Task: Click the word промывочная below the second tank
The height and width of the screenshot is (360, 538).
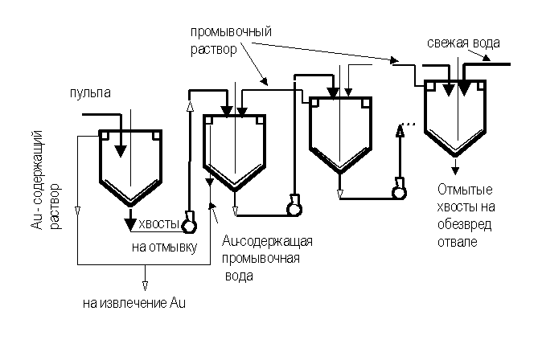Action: (259, 259)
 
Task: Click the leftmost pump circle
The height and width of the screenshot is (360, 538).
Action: (191, 223)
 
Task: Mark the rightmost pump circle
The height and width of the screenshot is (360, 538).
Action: (398, 190)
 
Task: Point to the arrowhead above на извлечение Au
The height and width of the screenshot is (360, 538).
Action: (146, 284)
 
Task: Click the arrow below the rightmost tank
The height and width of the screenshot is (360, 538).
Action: (456, 166)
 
